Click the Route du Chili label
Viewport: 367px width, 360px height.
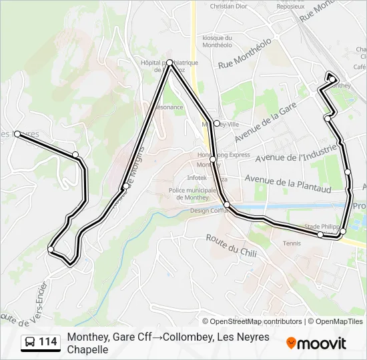231,245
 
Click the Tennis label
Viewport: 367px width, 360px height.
292,243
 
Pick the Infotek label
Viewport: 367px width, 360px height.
197,178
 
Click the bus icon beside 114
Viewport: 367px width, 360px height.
31,342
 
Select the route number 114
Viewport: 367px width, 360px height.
47,342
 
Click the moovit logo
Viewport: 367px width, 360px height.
316,343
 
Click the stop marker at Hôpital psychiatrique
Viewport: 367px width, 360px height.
170,63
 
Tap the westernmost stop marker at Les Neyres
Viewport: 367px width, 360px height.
17,134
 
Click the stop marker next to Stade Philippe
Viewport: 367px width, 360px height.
321,235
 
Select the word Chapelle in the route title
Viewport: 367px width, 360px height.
87,349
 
